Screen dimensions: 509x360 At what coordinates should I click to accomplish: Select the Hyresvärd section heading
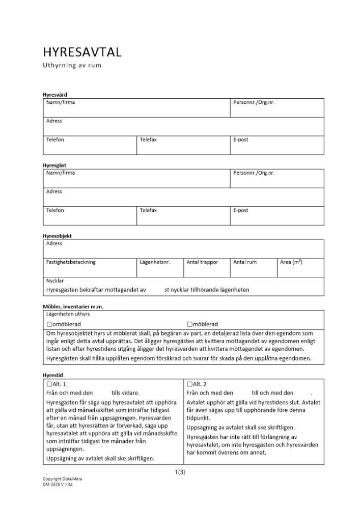[x=54, y=95]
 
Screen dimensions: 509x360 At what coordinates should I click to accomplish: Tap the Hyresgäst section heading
[x=54, y=165]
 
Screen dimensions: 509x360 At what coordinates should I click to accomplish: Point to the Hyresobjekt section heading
[x=57, y=236]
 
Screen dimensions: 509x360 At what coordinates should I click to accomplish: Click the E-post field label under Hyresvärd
[x=241, y=139]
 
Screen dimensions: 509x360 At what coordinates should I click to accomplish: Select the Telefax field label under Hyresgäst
[x=148, y=210]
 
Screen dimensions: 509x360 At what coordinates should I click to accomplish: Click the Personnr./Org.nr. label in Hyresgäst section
[x=254, y=173]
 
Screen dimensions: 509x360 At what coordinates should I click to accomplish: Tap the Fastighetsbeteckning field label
[x=71, y=262]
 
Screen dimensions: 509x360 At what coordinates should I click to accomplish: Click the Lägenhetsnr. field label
[x=154, y=262]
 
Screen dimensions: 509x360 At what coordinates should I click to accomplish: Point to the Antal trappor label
[x=202, y=262]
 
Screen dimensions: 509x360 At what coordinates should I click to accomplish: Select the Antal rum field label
[x=245, y=262]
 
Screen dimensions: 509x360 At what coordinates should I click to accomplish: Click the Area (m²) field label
[x=291, y=262]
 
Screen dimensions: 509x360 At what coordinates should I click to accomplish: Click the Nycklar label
[x=55, y=280]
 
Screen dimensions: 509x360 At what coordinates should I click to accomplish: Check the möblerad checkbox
[x=190, y=324]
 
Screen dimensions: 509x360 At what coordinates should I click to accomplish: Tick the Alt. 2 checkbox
[x=190, y=384]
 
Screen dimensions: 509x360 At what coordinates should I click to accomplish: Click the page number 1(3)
[x=180, y=472]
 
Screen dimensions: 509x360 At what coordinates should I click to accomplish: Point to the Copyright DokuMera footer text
[x=62, y=479]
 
